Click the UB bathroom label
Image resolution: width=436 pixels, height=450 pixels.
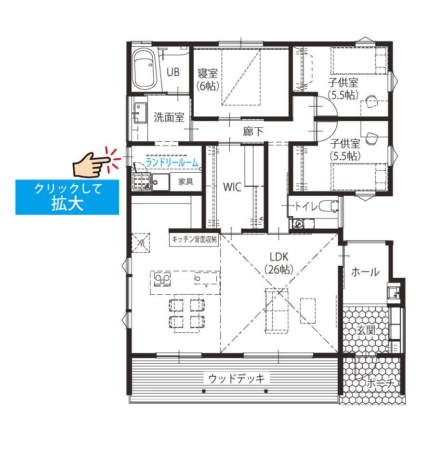click(173, 72)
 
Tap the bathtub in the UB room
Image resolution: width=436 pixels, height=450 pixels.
click(145, 69)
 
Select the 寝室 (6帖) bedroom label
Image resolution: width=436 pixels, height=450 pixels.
click(208, 80)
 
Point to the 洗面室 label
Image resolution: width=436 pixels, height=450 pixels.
click(169, 117)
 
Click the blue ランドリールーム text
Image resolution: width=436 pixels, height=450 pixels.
click(172, 163)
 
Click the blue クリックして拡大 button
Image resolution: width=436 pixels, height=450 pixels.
click(67, 197)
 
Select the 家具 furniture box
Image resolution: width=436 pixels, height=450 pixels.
click(185, 182)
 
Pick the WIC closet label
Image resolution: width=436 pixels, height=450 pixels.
click(233, 187)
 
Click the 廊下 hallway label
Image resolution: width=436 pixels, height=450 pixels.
click(253, 132)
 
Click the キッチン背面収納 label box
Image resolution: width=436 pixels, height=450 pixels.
click(194, 239)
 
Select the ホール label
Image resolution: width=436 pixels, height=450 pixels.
click(365, 272)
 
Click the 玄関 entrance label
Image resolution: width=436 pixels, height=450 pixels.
click(366, 330)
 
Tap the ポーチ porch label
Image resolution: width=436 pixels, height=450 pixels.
click(381, 383)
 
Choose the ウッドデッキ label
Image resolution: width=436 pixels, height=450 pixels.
click(237, 379)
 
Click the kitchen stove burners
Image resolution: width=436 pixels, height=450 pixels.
click(162, 279)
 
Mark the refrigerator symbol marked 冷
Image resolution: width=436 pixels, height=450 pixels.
click(141, 243)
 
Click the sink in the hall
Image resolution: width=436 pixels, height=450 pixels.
click(394, 293)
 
